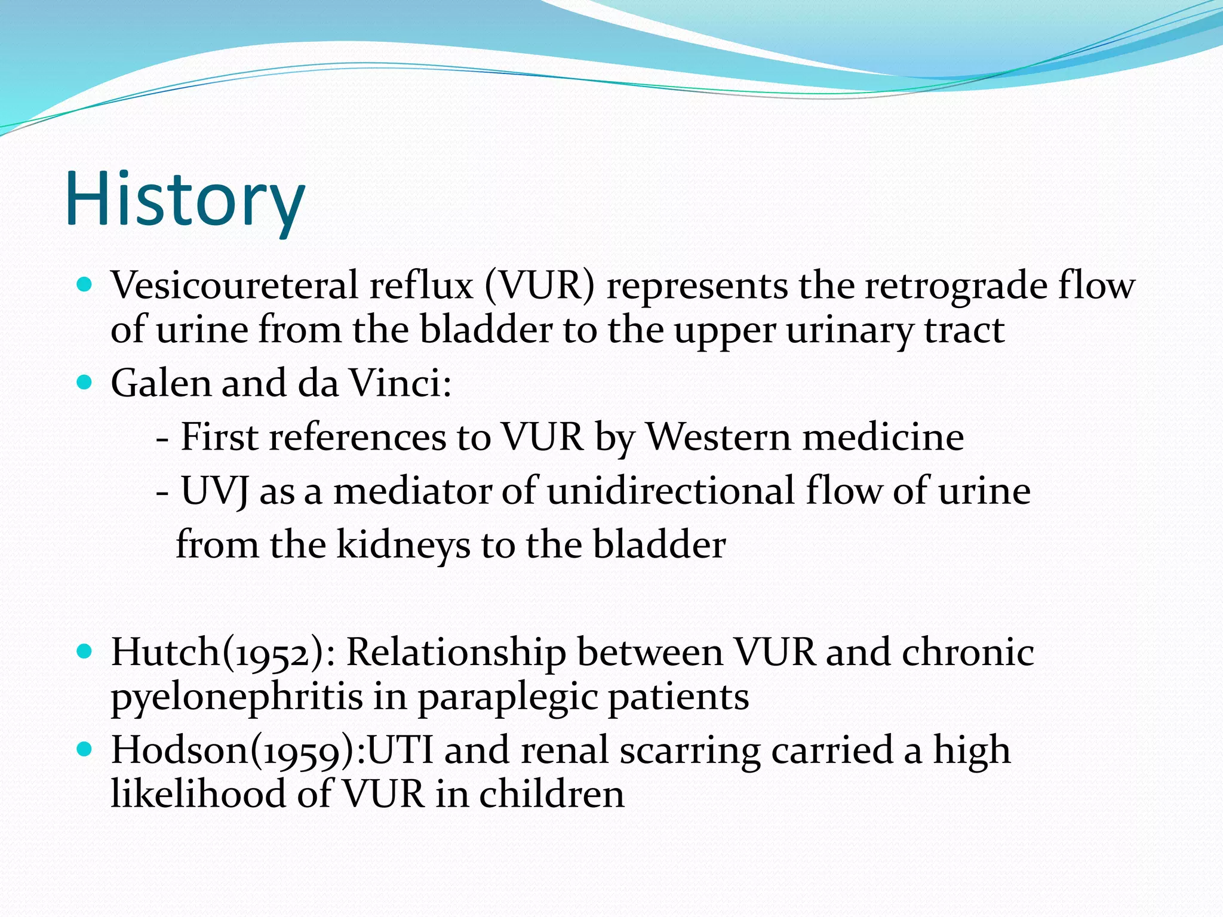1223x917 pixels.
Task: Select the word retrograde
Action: tap(955, 285)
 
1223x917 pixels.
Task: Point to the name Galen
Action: tap(161, 383)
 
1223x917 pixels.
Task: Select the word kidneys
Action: tap(403, 545)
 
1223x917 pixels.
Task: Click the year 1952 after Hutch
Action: tap(278, 653)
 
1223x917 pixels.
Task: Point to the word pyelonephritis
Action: tap(236, 697)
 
